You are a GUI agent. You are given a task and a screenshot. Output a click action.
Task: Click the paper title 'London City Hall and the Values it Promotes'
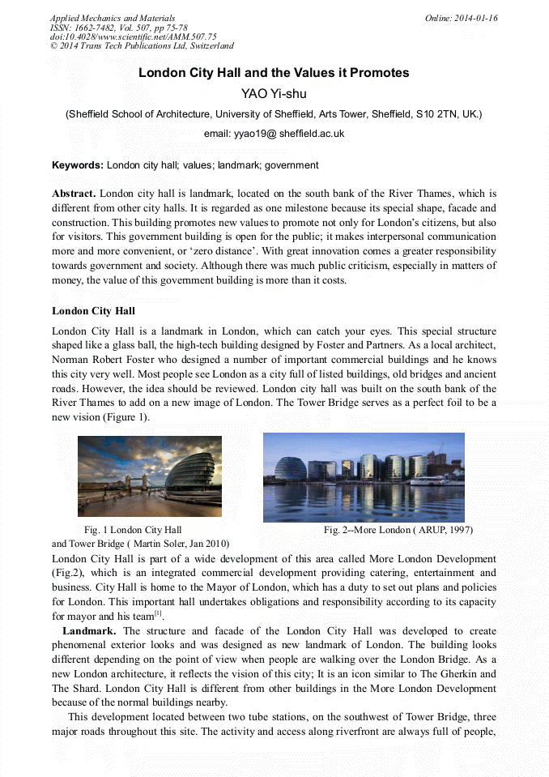pyautogui.click(x=274, y=73)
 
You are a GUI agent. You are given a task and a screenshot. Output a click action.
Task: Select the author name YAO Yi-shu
pyautogui.click(x=274, y=94)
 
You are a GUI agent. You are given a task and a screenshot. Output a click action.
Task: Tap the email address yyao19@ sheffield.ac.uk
pyautogui.click(x=274, y=134)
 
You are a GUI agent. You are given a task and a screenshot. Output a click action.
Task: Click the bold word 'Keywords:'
pyautogui.click(x=78, y=165)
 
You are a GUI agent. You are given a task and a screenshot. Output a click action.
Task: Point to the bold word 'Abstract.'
pyautogui.click(x=74, y=194)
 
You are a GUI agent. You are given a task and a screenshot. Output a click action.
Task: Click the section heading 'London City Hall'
pyautogui.click(x=93, y=311)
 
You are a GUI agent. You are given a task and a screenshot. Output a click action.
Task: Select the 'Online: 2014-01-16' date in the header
pyautogui.click(x=461, y=18)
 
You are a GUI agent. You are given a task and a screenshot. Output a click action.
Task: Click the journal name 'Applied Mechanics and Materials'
pyautogui.click(x=113, y=18)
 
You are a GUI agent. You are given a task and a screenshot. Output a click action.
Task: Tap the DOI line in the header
pyautogui.click(x=134, y=36)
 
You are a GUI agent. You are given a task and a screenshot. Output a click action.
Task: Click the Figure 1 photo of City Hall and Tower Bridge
pyautogui.click(x=150, y=476)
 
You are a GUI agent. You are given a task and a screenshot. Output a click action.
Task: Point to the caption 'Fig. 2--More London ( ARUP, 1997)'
pyautogui.click(x=398, y=530)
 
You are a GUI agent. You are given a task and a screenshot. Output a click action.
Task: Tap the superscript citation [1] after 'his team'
pyautogui.click(x=159, y=613)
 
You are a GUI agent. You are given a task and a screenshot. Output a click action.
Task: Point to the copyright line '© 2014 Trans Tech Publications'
pyautogui.click(x=142, y=46)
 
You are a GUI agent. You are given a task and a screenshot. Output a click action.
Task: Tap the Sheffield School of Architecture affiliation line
pyautogui.click(x=274, y=114)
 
